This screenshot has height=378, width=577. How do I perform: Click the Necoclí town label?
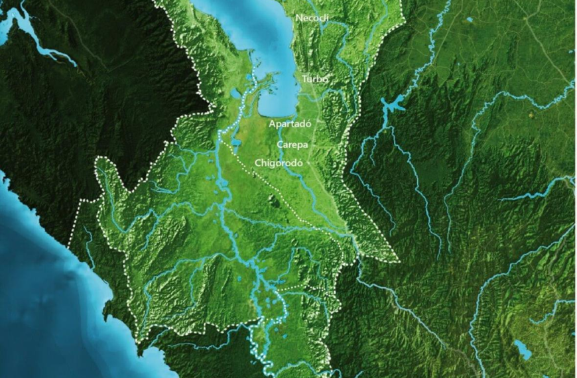point(312,18)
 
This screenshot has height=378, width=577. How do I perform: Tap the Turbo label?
point(315,80)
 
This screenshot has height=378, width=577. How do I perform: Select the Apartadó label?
point(290,123)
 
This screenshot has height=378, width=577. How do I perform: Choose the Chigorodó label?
point(279,162)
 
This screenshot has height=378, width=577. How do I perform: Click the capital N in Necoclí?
point(299,18)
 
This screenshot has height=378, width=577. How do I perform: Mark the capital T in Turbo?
point(305,80)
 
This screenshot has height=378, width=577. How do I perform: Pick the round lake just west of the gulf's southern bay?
point(235,94)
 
